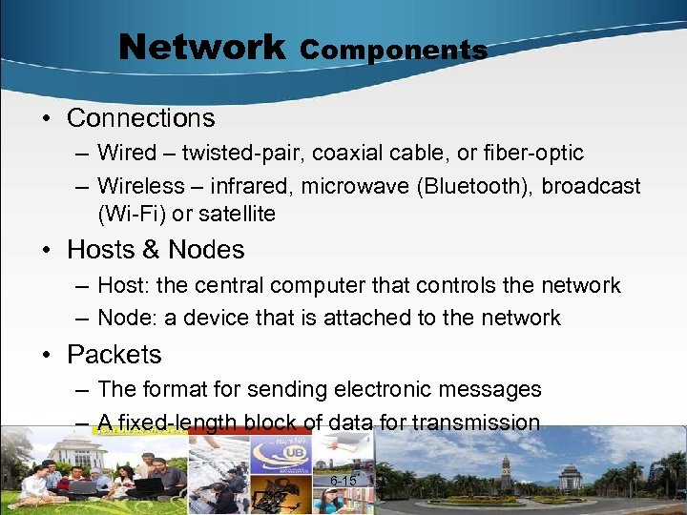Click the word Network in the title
[x=201, y=46]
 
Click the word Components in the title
[x=393, y=50]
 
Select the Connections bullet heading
[x=140, y=118]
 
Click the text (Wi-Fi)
[x=130, y=214]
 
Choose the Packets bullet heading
[x=114, y=355]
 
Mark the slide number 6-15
[x=343, y=481]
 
